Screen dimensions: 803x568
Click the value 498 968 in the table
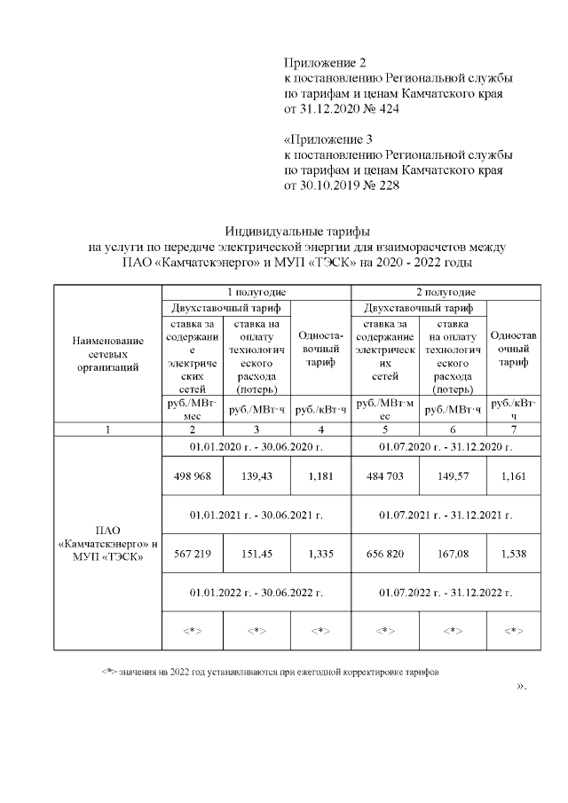click(193, 476)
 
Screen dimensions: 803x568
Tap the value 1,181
click(319, 476)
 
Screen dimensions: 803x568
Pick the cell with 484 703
click(385, 476)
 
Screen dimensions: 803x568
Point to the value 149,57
click(453, 476)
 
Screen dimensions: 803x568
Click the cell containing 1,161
click(513, 476)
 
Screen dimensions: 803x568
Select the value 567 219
click(193, 554)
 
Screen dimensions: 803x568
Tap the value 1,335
click(319, 554)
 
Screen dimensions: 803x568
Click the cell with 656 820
click(385, 554)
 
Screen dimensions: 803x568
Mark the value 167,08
click(453, 554)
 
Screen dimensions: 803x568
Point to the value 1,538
click(513, 554)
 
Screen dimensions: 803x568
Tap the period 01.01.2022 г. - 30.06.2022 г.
click(256, 591)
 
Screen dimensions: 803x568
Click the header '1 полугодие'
click(256, 292)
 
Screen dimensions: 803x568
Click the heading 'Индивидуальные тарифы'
click(296, 231)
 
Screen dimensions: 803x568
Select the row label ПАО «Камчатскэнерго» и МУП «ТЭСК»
click(107, 543)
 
